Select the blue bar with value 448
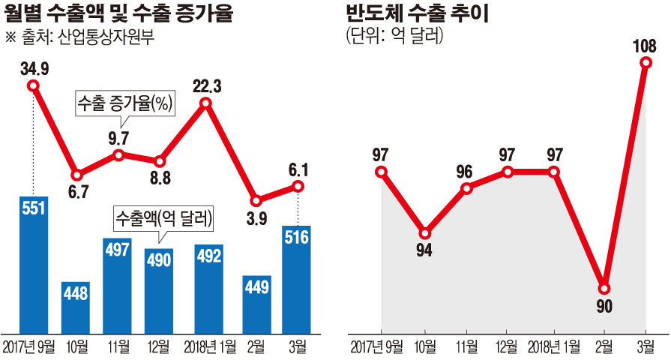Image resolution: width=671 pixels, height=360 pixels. coord(76,307)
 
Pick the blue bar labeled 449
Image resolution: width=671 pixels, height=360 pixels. coord(256,304)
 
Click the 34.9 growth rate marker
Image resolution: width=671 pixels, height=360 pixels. coord(34,85)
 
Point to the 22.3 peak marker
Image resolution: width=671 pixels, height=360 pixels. coord(206,105)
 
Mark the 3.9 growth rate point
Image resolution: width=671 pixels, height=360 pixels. coord(256,201)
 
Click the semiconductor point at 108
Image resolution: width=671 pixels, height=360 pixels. coord(646,63)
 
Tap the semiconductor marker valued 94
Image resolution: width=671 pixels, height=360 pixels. coord(425,232)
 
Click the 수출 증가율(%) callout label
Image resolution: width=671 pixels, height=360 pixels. coord(124,103)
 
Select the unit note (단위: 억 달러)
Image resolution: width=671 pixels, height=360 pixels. coord(394,36)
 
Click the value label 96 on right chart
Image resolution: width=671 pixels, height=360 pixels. coord(466,171)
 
